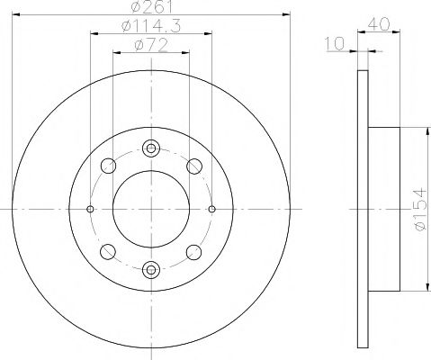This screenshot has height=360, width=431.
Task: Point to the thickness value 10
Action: pyautogui.click(x=335, y=43)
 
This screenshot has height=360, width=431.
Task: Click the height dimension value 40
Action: pyautogui.click(x=378, y=26)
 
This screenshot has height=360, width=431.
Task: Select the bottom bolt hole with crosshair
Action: pyautogui.click(x=150, y=267)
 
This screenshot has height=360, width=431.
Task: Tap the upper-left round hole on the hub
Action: pyautogui.click(x=109, y=166)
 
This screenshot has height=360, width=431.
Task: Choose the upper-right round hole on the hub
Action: pyautogui.click(x=193, y=166)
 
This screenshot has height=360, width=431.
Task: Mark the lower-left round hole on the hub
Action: pyautogui.click(x=109, y=251)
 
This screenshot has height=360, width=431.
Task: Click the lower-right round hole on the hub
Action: pyautogui.click(x=193, y=251)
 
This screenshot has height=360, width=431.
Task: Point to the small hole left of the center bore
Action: pyautogui.click(x=90, y=209)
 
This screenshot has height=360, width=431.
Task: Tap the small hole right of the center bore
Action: pyautogui.click(x=211, y=209)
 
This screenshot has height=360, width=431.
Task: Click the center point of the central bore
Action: pyautogui.click(x=150, y=209)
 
